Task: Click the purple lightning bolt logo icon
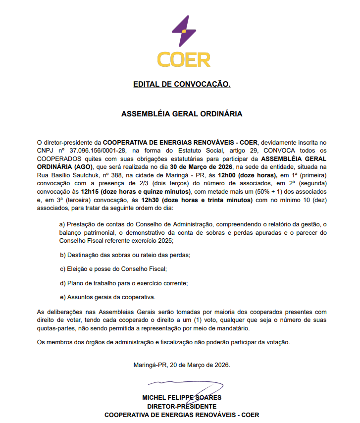pos(182,31)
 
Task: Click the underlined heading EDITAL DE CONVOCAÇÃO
pos(182,85)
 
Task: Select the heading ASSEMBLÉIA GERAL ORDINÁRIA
pos(182,114)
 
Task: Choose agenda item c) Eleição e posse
pos(113,269)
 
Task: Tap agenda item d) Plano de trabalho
pos(124,283)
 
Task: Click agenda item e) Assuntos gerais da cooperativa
pos(107,298)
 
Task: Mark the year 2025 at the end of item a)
pos(164,240)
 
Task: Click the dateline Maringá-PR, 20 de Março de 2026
pos(182,365)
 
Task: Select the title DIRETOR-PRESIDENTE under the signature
pos(182,406)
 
